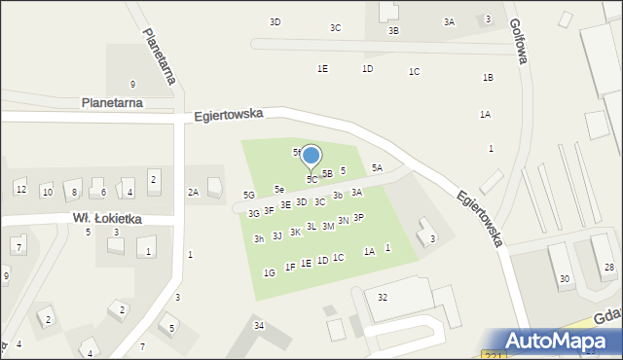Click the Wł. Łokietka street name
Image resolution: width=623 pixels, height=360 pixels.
click(x=106, y=219)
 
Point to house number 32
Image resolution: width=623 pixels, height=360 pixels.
click(x=383, y=297)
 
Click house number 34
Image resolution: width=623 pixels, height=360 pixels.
click(x=258, y=325)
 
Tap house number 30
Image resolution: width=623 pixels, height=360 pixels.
click(x=564, y=279)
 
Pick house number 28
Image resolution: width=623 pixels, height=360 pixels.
click(x=609, y=267)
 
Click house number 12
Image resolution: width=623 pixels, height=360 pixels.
click(x=20, y=189)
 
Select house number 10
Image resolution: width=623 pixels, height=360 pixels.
click(x=47, y=192)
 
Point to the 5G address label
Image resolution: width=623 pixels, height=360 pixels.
click(x=249, y=196)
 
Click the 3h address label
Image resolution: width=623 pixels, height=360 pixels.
click(x=259, y=238)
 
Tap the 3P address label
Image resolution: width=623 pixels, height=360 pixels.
click(x=358, y=218)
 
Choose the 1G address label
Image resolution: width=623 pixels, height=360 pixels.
click(x=269, y=273)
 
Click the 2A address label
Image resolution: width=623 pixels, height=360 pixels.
click(x=193, y=193)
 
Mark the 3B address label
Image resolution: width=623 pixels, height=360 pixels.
click(x=393, y=31)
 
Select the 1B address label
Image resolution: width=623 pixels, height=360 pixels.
click(x=488, y=78)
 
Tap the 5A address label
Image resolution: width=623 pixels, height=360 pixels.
click(x=377, y=168)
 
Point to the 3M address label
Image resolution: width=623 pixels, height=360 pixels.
click(x=328, y=226)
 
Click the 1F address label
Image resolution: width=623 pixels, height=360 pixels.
click(x=290, y=267)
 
